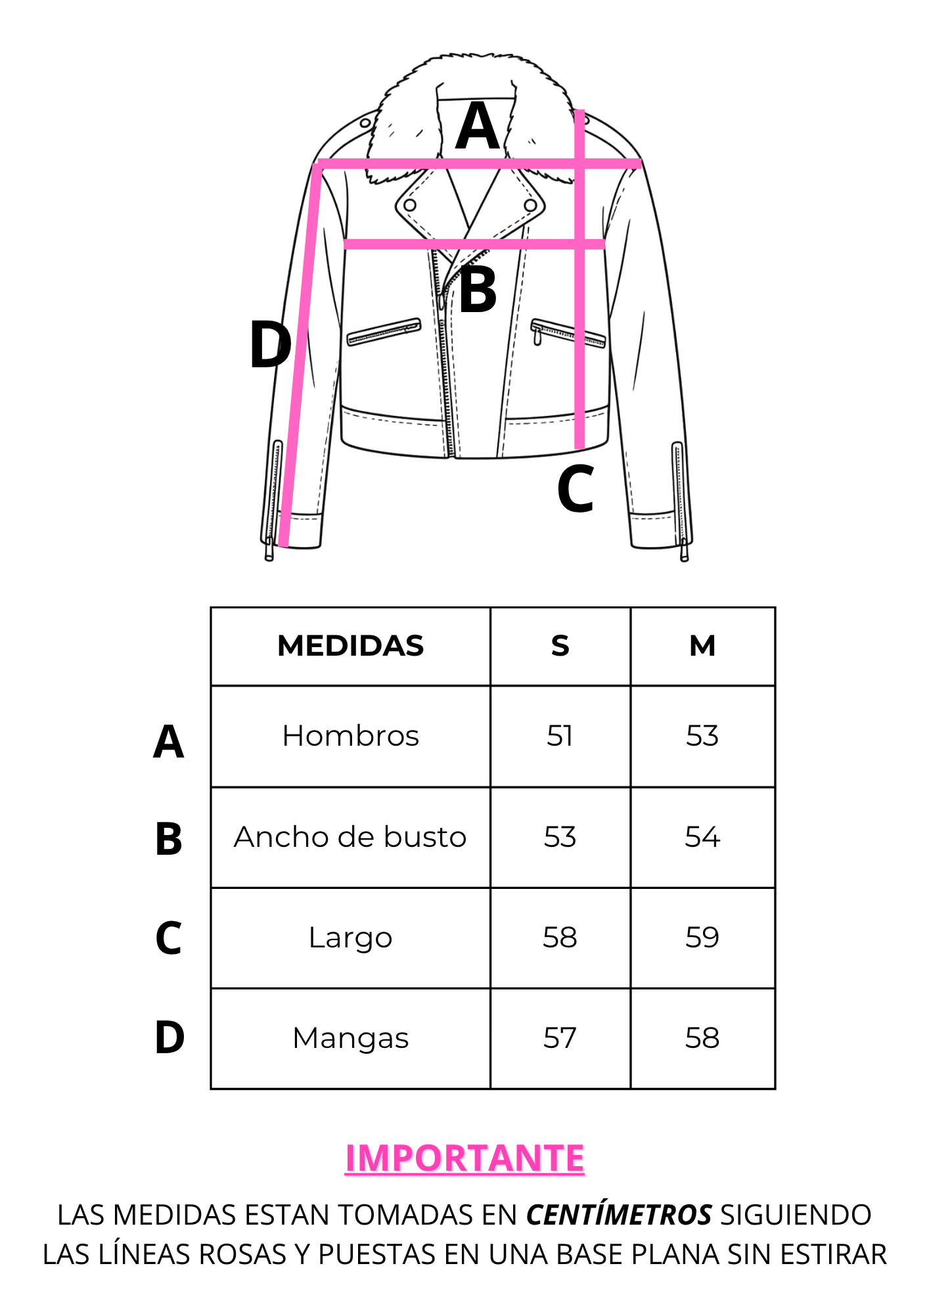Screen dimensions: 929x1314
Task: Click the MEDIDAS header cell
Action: click(350, 646)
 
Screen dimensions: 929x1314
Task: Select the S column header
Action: click(560, 646)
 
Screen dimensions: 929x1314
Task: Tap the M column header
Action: click(702, 646)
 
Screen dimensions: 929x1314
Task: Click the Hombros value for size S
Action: click(560, 736)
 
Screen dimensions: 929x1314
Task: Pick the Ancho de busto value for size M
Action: click(702, 837)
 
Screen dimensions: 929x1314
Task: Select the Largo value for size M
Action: click(702, 938)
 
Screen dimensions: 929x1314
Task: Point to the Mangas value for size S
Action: click(560, 1038)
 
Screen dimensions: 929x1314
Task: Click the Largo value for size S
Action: click(560, 938)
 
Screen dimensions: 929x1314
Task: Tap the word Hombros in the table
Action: click(350, 736)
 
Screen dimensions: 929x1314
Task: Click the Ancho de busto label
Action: click(350, 837)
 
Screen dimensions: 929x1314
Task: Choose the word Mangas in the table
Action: click(350, 1039)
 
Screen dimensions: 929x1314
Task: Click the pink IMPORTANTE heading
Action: click(464, 1158)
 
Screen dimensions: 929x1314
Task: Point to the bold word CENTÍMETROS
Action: click(619, 1215)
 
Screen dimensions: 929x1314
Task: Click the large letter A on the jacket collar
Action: click(478, 126)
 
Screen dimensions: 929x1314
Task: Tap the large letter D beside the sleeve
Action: click(270, 345)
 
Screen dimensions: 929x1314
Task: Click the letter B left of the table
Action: click(169, 839)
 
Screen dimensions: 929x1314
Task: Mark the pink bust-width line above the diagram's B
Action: click(474, 244)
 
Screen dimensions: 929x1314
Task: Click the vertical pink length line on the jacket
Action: click(579, 279)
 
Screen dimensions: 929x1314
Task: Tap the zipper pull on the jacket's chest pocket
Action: click(537, 336)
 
